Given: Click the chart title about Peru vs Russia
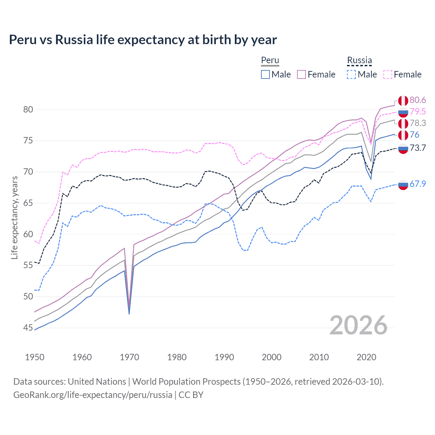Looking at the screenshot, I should click(x=143, y=40).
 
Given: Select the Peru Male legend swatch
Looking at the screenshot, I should click(x=265, y=74).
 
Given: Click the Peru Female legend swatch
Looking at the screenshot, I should click(x=301, y=74).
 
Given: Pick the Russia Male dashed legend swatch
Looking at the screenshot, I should click(x=351, y=74).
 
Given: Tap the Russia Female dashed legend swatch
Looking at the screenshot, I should click(x=388, y=74).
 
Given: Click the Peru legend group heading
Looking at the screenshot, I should click(x=270, y=60).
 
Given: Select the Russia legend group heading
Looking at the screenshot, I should click(x=359, y=60).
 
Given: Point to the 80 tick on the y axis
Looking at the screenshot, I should click(x=28, y=109).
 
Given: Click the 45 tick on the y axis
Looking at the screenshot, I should click(x=28, y=328).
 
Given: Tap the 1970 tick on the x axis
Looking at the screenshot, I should click(x=129, y=357).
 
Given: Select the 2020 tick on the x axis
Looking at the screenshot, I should click(x=366, y=357).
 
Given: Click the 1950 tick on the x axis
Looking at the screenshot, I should click(x=35, y=357).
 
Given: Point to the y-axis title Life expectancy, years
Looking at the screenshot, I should click(x=14, y=217).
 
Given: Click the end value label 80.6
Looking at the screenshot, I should click(x=418, y=100).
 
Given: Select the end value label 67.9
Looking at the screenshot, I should click(x=418, y=184).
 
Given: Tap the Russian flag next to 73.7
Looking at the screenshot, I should click(x=403, y=148).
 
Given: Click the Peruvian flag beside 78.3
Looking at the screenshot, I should click(x=403, y=123).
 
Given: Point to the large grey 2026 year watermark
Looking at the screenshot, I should click(x=359, y=325).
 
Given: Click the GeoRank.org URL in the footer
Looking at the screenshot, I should click(x=92, y=395).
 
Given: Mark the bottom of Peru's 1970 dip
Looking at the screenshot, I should click(x=129, y=313).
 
